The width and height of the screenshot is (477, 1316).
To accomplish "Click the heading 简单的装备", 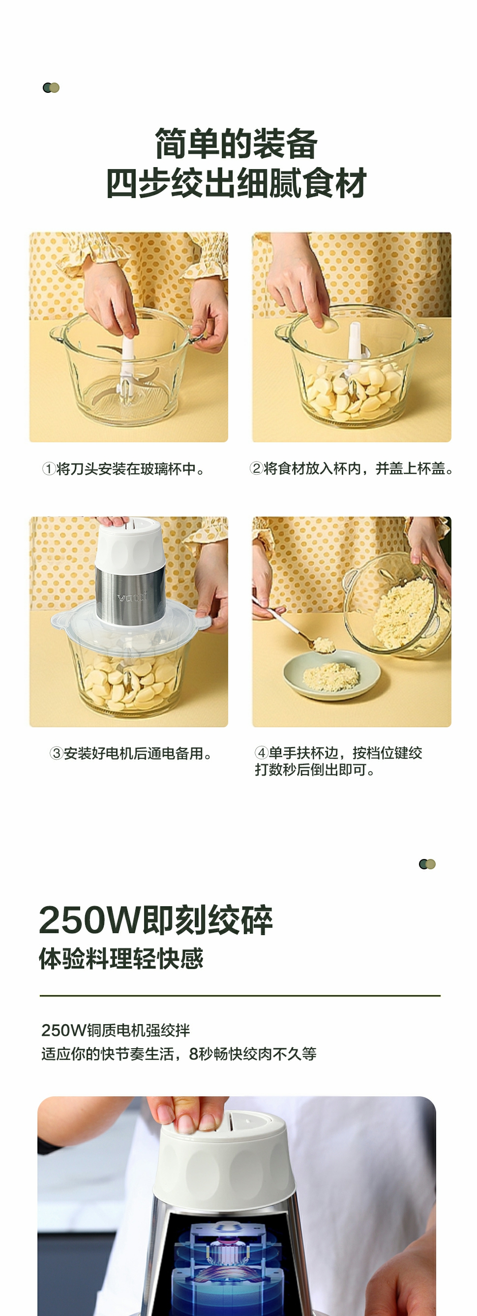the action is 236,143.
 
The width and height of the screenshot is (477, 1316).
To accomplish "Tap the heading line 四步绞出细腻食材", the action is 236,183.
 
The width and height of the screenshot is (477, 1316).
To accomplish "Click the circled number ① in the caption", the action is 49,468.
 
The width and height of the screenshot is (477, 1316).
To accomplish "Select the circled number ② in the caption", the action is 256,468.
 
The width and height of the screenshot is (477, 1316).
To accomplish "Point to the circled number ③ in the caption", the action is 56,753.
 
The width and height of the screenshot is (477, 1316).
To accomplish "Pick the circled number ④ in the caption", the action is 261,752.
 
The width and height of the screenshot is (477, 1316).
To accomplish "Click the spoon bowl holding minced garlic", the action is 323,645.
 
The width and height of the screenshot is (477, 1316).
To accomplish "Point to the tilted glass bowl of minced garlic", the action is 398,606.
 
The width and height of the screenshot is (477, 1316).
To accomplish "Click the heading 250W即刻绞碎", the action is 156,920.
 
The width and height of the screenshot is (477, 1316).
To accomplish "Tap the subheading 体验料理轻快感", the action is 121,958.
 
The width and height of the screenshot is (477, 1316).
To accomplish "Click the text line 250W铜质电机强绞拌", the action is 116,1030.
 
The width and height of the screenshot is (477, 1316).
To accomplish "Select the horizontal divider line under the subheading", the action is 240,996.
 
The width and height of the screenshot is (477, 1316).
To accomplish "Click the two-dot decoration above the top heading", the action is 51,88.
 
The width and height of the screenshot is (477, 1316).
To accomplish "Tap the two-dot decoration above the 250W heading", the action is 427,864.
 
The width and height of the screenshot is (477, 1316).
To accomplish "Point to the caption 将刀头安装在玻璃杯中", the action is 126,468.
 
